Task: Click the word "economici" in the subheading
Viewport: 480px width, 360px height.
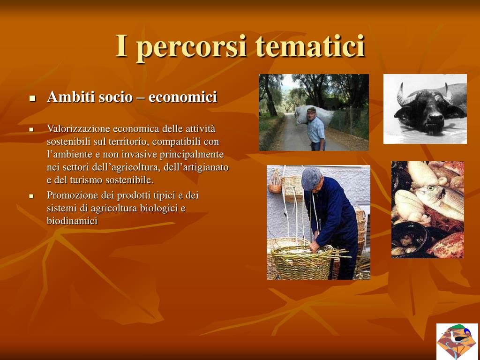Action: pos(182,97)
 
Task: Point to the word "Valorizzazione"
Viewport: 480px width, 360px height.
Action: pos(78,128)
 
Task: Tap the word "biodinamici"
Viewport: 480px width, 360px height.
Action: pos(72,220)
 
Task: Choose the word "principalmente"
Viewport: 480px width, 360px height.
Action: pos(192,155)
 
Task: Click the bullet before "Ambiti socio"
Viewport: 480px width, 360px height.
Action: pos(32,98)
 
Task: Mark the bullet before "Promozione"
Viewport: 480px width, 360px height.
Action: pos(31,196)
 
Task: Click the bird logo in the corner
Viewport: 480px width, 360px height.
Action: pos(457,341)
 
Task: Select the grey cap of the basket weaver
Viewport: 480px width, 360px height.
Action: pos(311,178)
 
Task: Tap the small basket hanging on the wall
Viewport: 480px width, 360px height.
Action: pos(275,182)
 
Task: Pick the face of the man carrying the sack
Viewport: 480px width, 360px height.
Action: pos(311,115)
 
